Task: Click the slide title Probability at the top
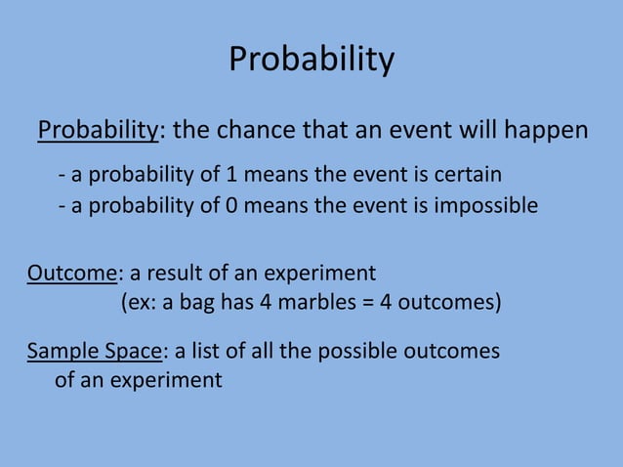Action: point(311,61)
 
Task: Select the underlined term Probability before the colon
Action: point(98,130)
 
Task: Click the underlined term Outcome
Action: point(71,273)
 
